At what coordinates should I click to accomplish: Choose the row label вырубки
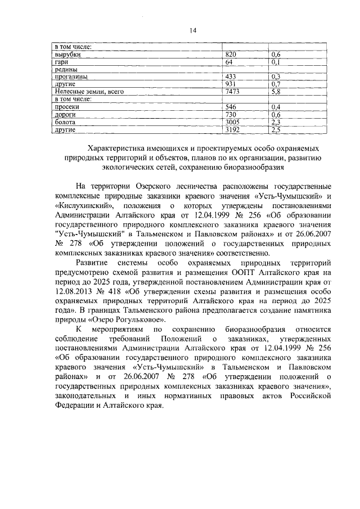pos(66,54)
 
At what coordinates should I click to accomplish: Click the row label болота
pos(65,121)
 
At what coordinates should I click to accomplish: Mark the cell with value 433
pos(231,76)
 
